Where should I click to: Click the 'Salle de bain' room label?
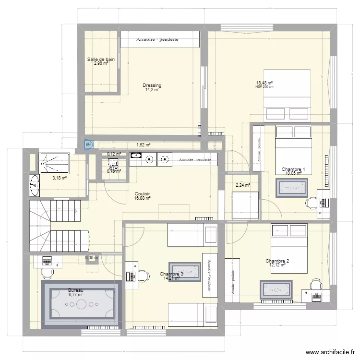(101, 60)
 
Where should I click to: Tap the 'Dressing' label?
(152, 85)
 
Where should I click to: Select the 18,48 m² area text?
(264, 83)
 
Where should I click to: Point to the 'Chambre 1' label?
(293, 169)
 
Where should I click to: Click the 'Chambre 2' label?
(277, 261)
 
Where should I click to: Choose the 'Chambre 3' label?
(171, 274)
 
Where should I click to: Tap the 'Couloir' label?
(142, 193)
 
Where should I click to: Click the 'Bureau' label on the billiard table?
(76, 290)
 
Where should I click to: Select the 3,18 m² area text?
(59, 178)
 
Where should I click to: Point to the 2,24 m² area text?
(243, 184)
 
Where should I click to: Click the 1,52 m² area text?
(144, 144)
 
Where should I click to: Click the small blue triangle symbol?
(89, 144)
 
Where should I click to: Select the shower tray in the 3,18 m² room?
(54, 162)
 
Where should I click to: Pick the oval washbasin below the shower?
(34, 185)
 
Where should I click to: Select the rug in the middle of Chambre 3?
(184, 272)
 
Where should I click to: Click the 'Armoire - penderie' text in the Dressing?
(157, 39)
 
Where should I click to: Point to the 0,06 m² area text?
(92, 257)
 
